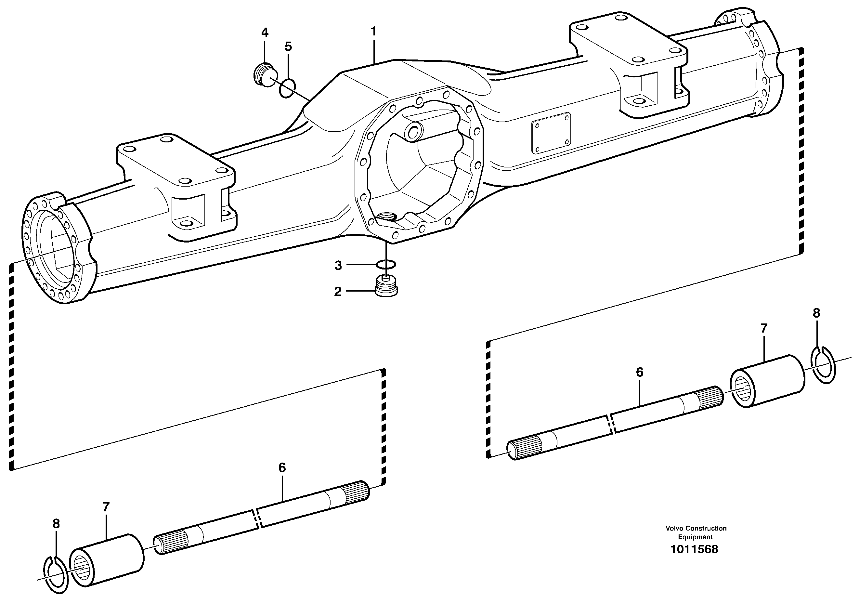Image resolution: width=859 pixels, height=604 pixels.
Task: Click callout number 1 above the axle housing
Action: tap(373, 32)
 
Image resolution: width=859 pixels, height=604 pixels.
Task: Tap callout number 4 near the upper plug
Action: tap(265, 33)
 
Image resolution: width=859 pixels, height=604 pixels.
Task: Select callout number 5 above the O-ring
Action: tap(288, 47)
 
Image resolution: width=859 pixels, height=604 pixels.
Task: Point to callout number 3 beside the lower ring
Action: tap(338, 266)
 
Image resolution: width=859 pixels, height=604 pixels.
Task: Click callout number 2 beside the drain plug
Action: tap(338, 292)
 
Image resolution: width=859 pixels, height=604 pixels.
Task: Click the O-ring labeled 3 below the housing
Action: tap(386, 265)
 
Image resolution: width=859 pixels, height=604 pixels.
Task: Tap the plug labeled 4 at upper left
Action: tap(264, 75)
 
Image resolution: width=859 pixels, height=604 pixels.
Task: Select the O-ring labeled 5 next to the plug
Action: tap(287, 88)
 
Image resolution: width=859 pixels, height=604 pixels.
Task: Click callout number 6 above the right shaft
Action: tap(639, 372)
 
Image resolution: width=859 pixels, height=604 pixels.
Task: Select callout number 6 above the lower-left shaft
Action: tap(282, 467)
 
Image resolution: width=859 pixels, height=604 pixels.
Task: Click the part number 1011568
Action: tap(694, 549)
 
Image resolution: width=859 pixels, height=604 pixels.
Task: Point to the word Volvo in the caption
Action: tap(674, 528)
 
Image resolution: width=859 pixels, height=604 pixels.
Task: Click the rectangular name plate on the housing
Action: tap(552, 133)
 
